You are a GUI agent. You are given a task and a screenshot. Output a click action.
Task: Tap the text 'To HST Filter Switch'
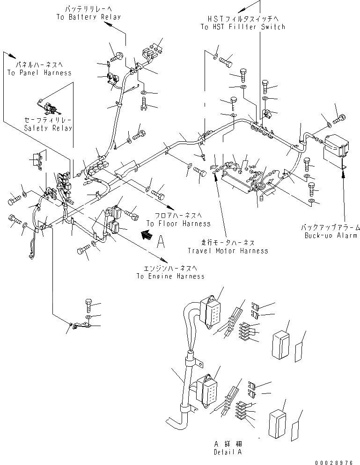coord(242,27)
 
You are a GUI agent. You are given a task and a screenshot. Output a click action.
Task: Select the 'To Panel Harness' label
coord(39,73)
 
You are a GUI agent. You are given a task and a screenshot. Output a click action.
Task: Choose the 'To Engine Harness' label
coord(170,276)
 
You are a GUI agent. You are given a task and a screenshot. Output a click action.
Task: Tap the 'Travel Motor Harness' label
coord(228,251)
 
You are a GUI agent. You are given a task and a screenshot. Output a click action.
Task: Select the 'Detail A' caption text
coord(228,452)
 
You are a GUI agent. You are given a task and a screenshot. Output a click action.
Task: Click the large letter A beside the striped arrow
coord(161,241)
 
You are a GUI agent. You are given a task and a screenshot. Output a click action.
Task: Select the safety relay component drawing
coord(49,109)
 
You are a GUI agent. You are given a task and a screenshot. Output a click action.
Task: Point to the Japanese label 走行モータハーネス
coord(228,243)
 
